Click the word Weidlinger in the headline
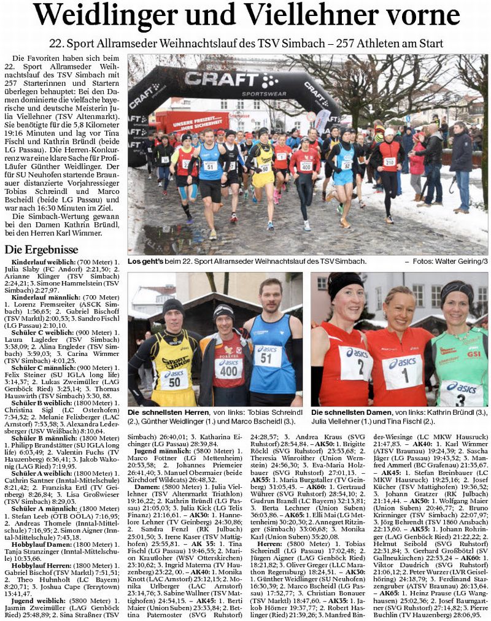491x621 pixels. pos(110,15)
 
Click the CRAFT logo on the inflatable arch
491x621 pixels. pos(223,79)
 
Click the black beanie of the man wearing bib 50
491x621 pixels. pos(173,306)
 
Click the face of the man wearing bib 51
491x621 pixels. pos(269,297)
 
